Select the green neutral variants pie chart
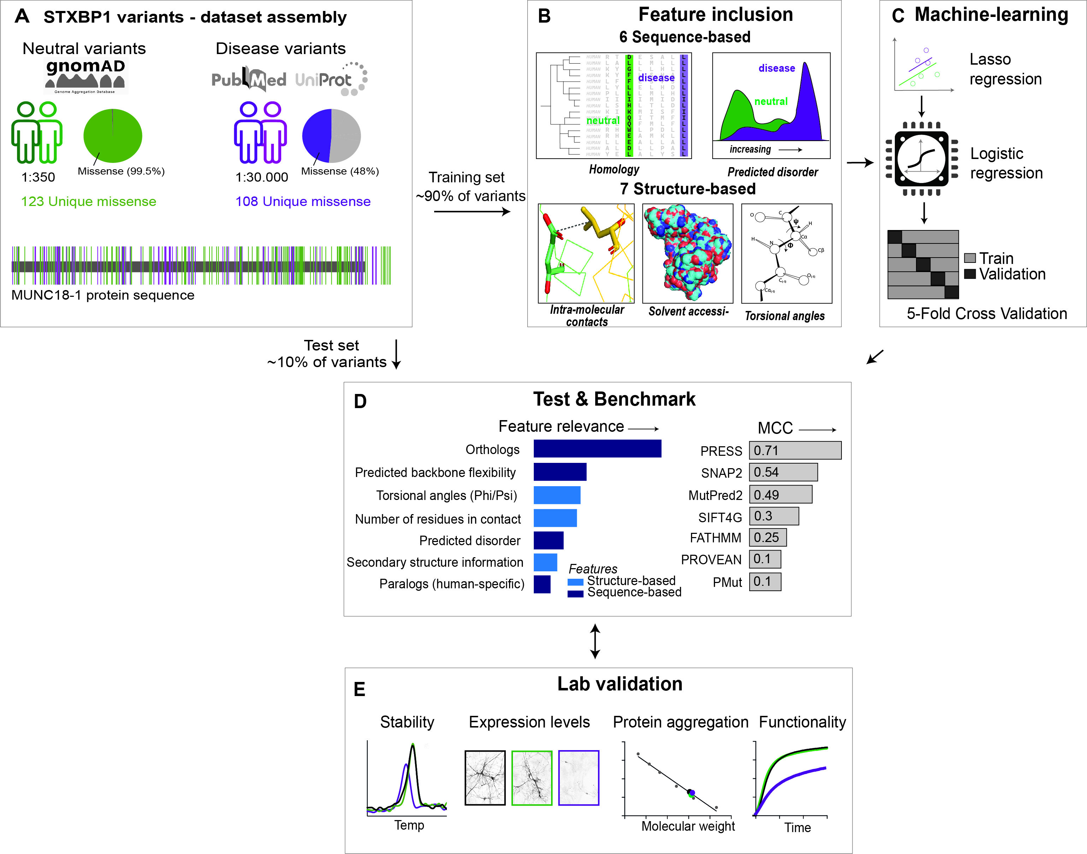pos(112,135)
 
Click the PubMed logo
pos(248,79)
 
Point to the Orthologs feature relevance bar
pos(597,448)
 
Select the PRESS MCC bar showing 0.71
pos(794,450)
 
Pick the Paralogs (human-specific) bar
pos(542,584)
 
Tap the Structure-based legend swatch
pos(575,582)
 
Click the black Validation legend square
pos(970,274)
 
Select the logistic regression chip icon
pos(921,159)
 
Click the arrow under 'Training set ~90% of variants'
pos(472,212)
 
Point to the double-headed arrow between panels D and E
pos(595,641)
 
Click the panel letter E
pos(359,689)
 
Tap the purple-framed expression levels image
pos(578,777)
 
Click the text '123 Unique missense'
pos(88,201)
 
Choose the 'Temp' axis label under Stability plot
pos(409,825)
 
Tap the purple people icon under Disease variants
pos(260,132)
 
